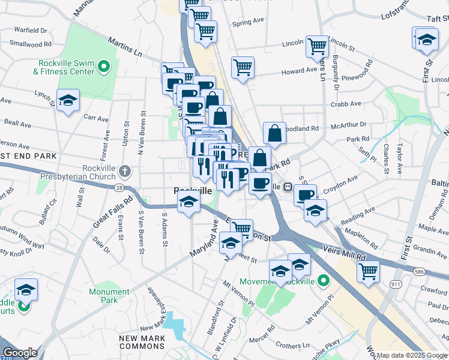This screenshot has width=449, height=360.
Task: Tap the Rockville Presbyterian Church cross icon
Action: (x=125, y=172)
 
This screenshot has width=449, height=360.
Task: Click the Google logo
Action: (x=20, y=353)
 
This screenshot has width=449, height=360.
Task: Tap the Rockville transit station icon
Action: (x=288, y=187)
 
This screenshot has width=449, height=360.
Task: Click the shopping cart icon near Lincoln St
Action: (x=317, y=46)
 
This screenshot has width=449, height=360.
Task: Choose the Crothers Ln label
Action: (x=292, y=345)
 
